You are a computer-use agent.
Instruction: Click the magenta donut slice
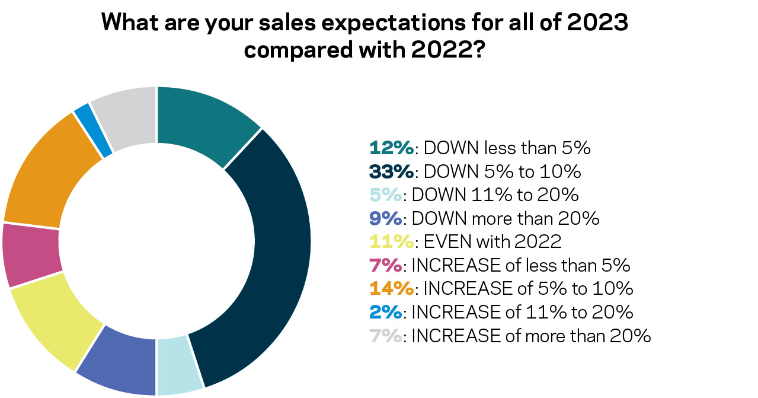[x=32, y=255]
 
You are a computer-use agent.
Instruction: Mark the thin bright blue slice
[x=92, y=129]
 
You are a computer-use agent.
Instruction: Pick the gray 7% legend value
[x=385, y=336]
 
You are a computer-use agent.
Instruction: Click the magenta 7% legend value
[x=385, y=265]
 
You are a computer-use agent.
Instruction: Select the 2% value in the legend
[x=385, y=312]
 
